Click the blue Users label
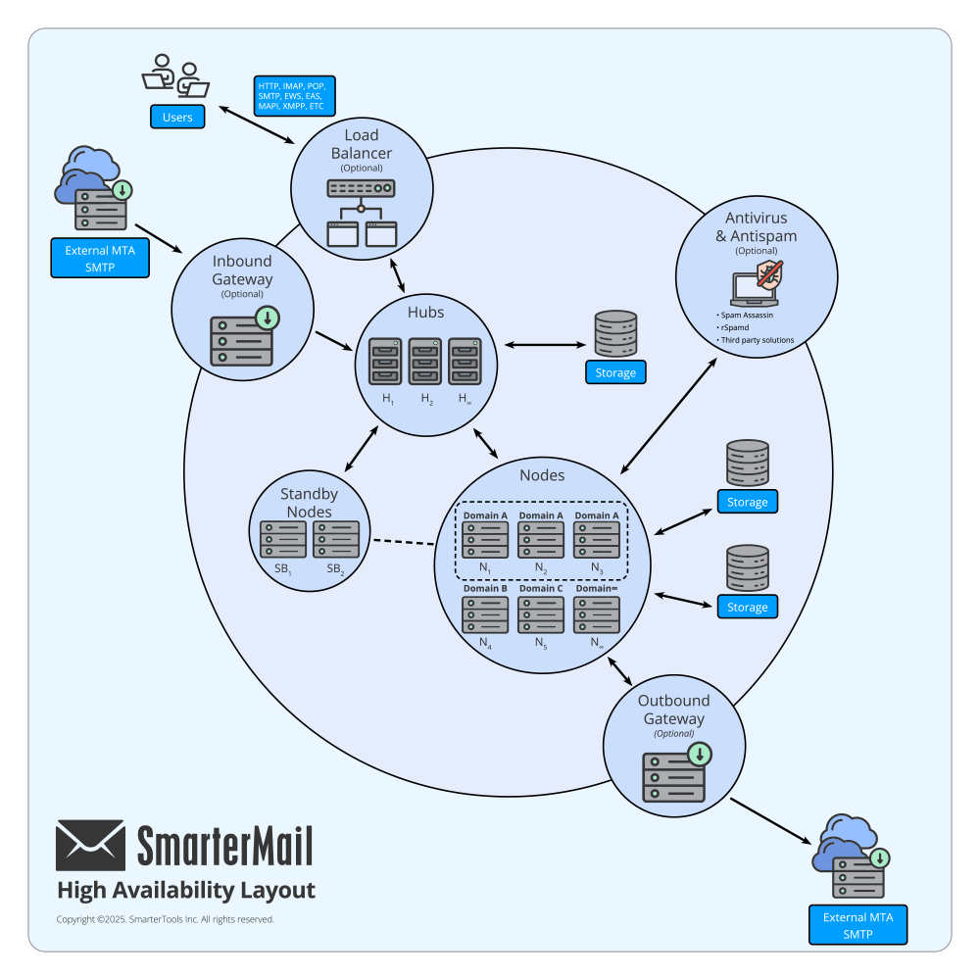[177, 117]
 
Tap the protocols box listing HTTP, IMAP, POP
[294, 96]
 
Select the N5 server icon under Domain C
[541, 615]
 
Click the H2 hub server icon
[425, 362]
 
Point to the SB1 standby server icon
[283, 539]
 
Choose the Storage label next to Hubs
[615, 372]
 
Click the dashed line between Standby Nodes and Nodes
[404, 542]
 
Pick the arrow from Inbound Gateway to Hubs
[334, 341]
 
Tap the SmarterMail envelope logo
[90, 846]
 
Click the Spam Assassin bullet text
[747, 315]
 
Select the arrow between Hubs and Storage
[545, 344]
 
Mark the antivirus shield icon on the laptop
[769, 275]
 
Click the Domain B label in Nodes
[485, 588]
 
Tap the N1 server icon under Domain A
[485, 540]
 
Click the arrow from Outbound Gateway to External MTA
[771, 821]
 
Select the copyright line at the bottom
[165, 919]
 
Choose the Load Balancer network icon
[362, 213]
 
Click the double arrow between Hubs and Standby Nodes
[362, 449]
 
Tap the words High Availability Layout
[186, 891]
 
